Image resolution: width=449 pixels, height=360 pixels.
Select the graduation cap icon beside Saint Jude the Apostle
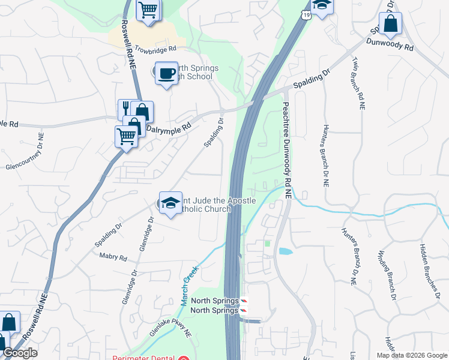[170, 203]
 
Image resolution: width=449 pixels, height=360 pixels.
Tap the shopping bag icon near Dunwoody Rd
[390, 24]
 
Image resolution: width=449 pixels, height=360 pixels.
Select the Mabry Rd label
[114, 258]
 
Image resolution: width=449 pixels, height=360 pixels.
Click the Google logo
[19, 353]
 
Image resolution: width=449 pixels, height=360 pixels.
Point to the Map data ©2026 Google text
[412, 355]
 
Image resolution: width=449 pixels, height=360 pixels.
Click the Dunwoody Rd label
[390, 44]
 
